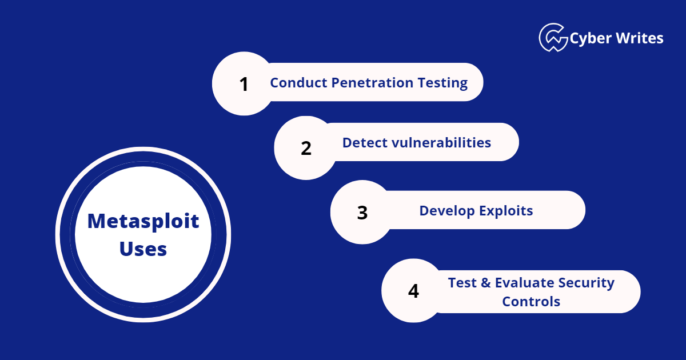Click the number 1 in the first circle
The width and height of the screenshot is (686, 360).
[x=244, y=84]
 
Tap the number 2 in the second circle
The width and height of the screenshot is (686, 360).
[x=306, y=149]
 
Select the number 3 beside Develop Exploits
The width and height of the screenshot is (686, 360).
[x=362, y=213]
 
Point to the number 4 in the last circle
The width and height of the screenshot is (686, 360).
[x=413, y=291]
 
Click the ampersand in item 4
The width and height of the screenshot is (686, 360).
[x=485, y=283]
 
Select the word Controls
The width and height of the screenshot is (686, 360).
[x=531, y=301]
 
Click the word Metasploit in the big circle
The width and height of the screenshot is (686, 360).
[x=143, y=221]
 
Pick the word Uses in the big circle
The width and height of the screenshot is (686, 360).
[x=143, y=249]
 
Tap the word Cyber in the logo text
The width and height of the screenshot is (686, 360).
[x=589, y=38]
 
